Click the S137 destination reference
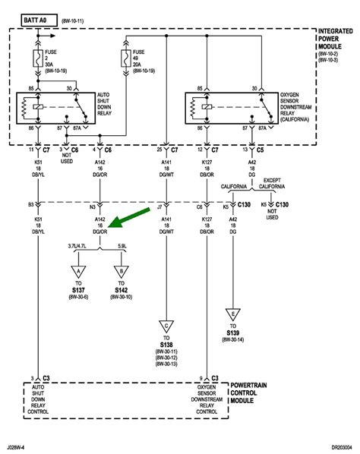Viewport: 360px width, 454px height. (x=78, y=292)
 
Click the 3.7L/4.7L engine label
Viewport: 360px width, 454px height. (x=78, y=247)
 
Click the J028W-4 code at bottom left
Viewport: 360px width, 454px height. (x=20, y=447)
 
